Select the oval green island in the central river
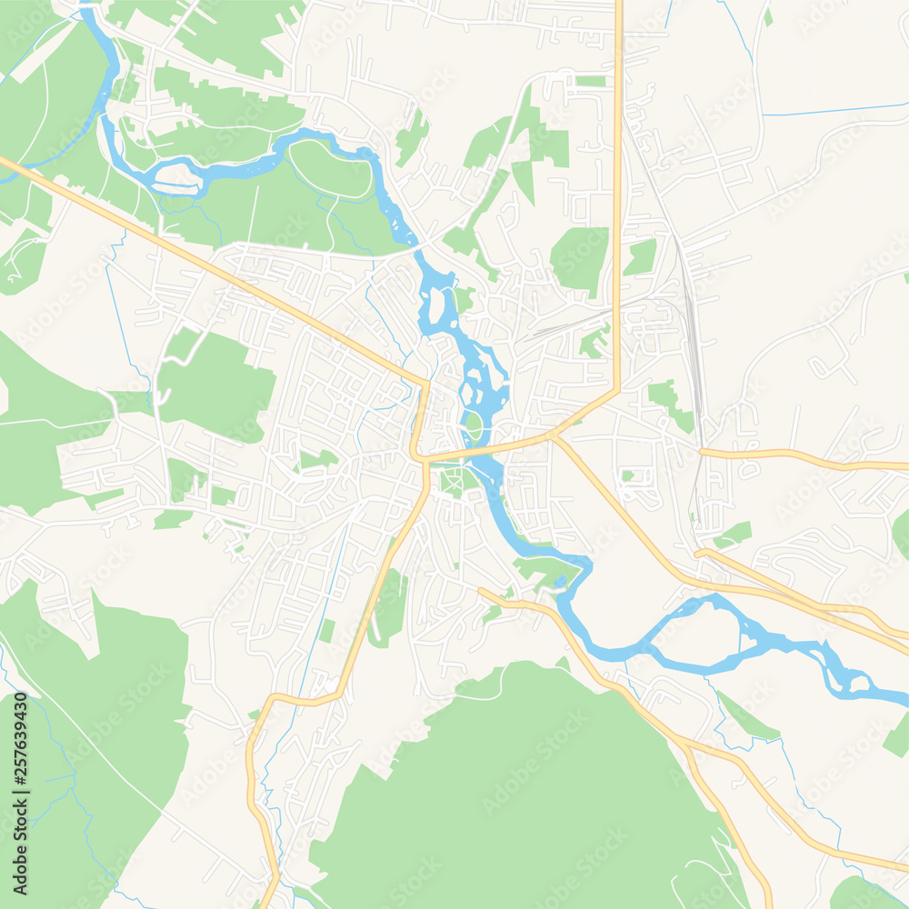(x=474, y=425)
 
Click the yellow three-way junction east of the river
(x=555, y=437)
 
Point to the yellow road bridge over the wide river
(x=482, y=448)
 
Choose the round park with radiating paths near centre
(x=452, y=476)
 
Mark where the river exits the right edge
(x=904, y=700)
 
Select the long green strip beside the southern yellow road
(x=389, y=607)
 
